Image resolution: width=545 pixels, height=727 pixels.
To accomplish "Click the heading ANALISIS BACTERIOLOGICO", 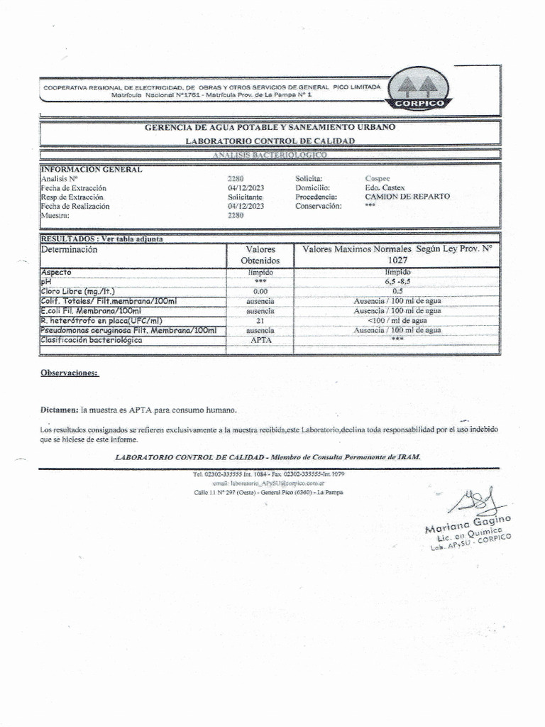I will pyautogui.click(x=270, y=154).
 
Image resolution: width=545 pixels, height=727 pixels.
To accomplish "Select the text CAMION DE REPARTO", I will pyautogui.click(x=407, y=197).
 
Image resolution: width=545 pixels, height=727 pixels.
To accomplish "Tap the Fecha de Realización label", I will pyautogui.click(x=75, y=206).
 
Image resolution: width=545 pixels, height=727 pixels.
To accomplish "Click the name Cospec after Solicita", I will pyautogui.click(x=378, y=178).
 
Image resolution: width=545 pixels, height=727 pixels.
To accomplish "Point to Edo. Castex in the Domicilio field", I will pyautogui.click(x=385, y=187).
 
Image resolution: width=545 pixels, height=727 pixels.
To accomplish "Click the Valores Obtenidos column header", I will pyautogui.click(x=260, y=255).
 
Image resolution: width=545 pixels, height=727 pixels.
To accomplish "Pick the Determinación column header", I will pyautogui.click(x=70, y=250).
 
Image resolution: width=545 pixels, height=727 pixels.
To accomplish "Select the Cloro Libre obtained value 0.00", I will pyautogui.click(x=260, y=291).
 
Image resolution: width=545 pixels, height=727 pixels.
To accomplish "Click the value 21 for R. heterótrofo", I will pyautogui.click(x=260, y=320).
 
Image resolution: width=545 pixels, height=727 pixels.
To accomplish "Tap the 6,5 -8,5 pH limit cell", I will pyautogui.click(x=397, y=282).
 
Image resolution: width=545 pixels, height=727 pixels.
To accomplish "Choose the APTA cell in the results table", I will pyautogui.click(x=260, y=340).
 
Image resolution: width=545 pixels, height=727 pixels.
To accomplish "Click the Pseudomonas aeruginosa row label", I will pyautogui.click(x=128, y=330).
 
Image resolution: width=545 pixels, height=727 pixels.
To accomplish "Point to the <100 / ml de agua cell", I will pyautogui.click(x=397, y=320).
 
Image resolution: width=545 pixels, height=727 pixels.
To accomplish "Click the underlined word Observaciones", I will pyautogui.click(x=70, y=373).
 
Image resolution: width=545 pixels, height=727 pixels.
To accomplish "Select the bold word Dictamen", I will pyautogui.click(x=60, y=410).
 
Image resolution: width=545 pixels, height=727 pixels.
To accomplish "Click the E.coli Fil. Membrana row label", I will pyautogui.click(x=92, y=311).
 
